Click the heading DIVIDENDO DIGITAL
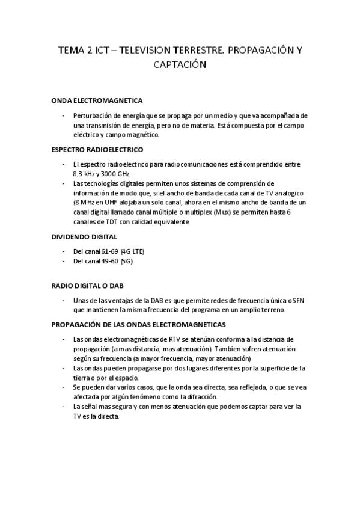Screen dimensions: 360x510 click(84, 237)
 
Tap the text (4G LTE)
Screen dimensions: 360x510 click(133, 251)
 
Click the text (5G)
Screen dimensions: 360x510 click(128, 261)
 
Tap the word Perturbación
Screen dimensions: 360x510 click(93, 115)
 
